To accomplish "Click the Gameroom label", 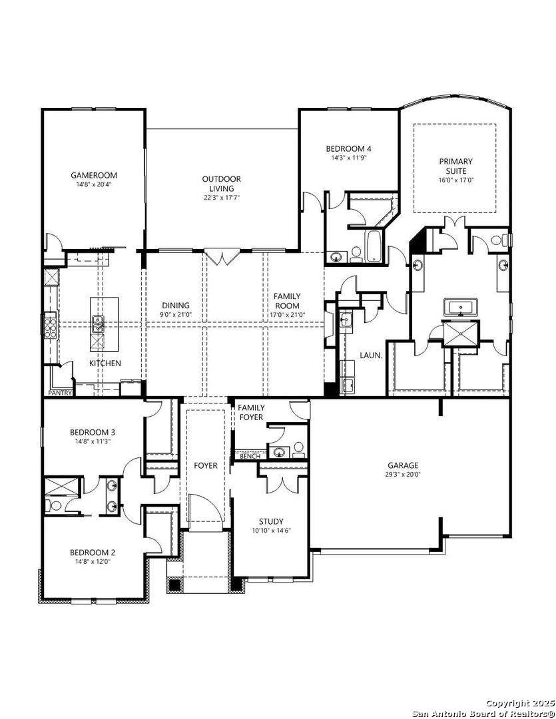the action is (x=94, y=175).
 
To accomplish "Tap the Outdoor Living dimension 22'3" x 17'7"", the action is (x=221, y=197).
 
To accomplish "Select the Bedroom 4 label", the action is (x=349, y=148).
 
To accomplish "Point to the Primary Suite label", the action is (x=455, y=166).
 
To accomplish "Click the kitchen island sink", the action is (x=98, y=324).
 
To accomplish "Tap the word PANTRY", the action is (x=60, y=393).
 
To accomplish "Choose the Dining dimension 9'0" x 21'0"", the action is (x=176, y=314).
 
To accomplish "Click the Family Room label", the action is (x=287, y=301).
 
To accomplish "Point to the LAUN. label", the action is (x=371, y=355).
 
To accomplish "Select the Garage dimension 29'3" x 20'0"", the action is (x=404, y=475).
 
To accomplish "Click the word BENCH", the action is (x=250, y=456).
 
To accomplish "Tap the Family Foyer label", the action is (x=251, y=412).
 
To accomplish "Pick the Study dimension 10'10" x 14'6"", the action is (x=271, y=531).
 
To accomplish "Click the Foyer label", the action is (x=206, y=465).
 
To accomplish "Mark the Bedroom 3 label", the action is (x=92, y=432).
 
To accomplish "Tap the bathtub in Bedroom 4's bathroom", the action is (x=374, y=246).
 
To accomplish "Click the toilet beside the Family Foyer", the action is (x=299, y=449).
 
